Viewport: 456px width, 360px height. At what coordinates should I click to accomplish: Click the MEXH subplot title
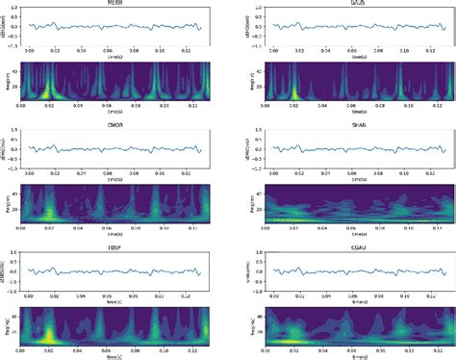click(115, 4)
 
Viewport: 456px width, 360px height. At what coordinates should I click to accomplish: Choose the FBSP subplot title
click(115, 246)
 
